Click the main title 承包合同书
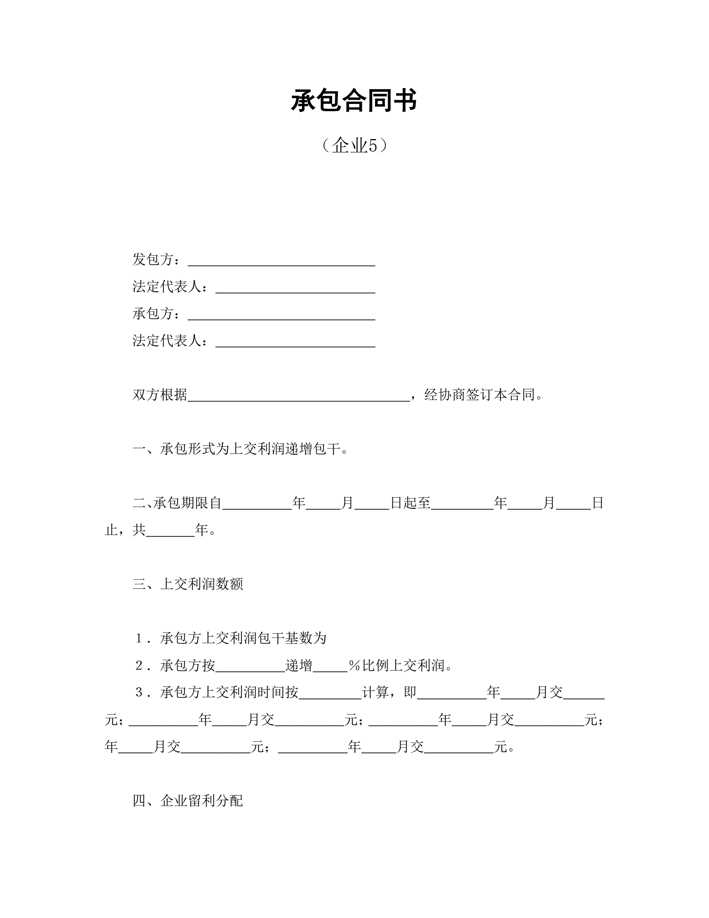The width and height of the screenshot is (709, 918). click(354, 101)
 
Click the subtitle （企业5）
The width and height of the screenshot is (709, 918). click(354, 145)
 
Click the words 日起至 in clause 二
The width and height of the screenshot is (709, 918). click(410, 503)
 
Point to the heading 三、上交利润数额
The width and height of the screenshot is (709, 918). click(188, 584)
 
